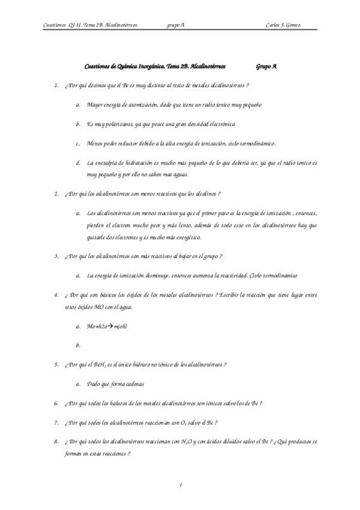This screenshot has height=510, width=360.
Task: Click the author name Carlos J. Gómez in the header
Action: (x=283, y=25)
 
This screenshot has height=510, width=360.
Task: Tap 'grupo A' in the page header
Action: (x=175, y=25)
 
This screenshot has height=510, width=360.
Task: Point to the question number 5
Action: (x=55, y=364)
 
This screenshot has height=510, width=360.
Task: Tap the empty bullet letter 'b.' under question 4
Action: (x=79, y=345)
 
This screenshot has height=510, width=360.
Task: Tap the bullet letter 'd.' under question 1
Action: (x=79, y=163)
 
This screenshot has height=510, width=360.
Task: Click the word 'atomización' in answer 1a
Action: (x=141, y=105)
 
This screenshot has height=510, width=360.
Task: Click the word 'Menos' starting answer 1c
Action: (x=95, y=143)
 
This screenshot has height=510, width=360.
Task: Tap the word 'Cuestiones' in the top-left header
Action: (x=56, y=25)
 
